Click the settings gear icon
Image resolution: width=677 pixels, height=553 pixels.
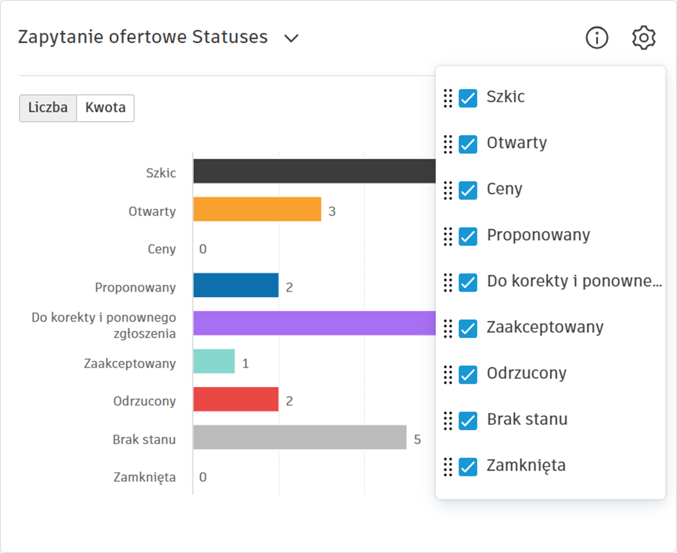click(644, 38)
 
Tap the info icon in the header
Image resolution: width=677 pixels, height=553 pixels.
click(597, 38)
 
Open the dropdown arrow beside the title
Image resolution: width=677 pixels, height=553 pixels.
click(291, 39)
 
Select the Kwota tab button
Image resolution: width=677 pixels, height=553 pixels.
click(105, 108)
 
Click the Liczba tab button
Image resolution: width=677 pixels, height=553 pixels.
click(48, 108)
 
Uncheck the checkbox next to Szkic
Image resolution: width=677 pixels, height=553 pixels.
click(468, 98)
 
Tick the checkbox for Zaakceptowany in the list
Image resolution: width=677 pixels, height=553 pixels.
click(468, 328)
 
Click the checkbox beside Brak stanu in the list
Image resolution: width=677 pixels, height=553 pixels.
click(468, 420)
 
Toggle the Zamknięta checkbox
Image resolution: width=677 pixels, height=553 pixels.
click(468, 466)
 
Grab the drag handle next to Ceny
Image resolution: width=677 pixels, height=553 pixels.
click(448, 190)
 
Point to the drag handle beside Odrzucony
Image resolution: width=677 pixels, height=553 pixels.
click(448, 374)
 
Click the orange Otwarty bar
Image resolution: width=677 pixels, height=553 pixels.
click(257, 209)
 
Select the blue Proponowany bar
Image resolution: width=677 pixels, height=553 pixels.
click(236, 285)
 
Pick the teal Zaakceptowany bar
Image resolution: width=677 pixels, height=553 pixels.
click(214, 361)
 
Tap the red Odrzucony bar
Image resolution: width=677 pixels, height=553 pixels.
click(236, 399)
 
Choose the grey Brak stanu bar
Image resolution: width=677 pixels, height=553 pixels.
click(299, 437)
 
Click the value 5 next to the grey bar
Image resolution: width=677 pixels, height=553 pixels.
click(417, 439)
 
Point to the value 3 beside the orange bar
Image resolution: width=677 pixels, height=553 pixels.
click(332, 211)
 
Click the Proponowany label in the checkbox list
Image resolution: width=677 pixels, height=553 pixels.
click(538, 235)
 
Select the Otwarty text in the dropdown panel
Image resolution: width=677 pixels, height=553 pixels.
click(517, 143)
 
